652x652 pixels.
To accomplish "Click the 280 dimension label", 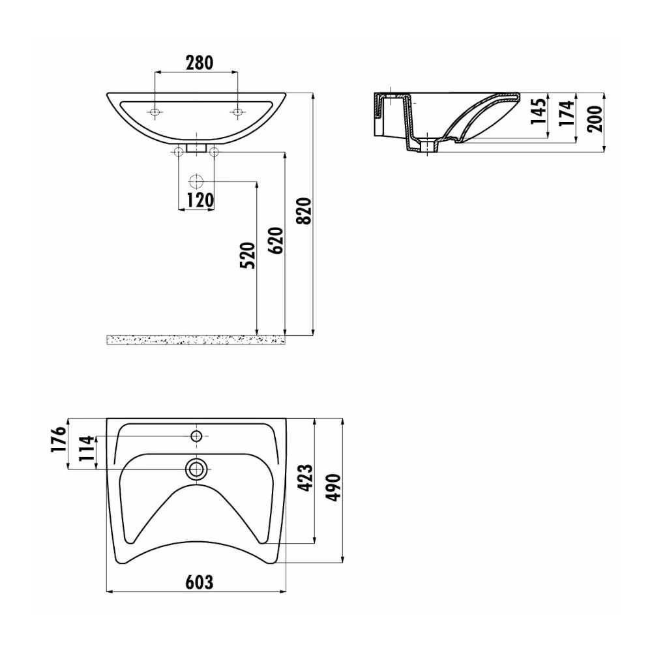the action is click(x=199, y=63).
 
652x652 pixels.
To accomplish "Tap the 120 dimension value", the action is click(x=200, y=200).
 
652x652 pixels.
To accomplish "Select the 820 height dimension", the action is click(x=305, y=211).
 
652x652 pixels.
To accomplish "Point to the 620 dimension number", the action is click(x=276, y=241).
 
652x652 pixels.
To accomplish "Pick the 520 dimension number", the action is click(x=248, y=256).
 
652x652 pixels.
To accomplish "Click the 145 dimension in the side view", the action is click(x=538, y=111).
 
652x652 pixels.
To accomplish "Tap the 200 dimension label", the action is click(x=595, y=119).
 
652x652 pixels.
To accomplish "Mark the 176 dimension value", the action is click(x=59, y=439).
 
